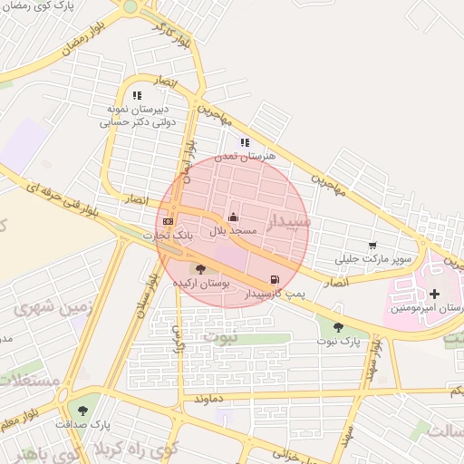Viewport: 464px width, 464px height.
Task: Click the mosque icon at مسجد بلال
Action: click(235, 217)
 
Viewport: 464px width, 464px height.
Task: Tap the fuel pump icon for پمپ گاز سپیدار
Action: click(275, 279)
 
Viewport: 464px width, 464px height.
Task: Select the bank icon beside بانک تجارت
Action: click(168, 221)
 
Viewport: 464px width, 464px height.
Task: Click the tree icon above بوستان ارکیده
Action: click(200, 268)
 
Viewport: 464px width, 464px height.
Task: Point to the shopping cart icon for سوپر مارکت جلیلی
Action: click(372, 246)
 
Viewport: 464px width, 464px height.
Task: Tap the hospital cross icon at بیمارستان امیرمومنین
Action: click(435, 294)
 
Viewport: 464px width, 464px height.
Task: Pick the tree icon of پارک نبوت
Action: click(338, 327)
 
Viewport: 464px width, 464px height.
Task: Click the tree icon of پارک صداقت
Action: click(83, 410)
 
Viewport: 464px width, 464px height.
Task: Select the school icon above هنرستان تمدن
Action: click(245, 141)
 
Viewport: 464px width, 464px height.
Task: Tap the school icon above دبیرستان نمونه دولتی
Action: click(137, 94)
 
